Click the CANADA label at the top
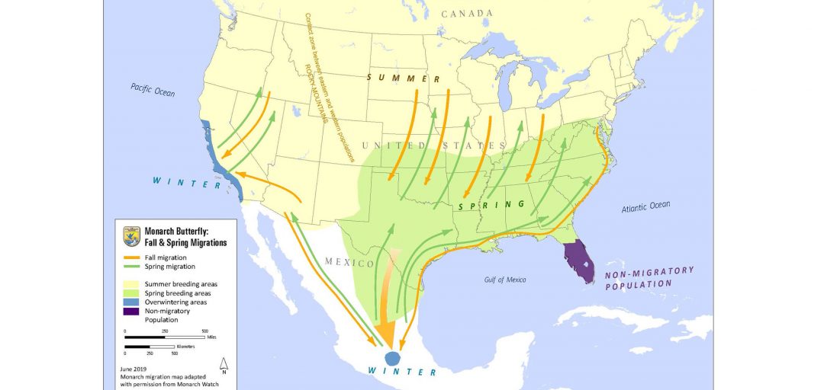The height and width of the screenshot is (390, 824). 468,14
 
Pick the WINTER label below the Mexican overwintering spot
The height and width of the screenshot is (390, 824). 401,372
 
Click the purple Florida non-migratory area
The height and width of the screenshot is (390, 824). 578,260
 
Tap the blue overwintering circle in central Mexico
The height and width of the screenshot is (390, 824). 392,356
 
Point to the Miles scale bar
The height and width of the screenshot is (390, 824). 164,337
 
